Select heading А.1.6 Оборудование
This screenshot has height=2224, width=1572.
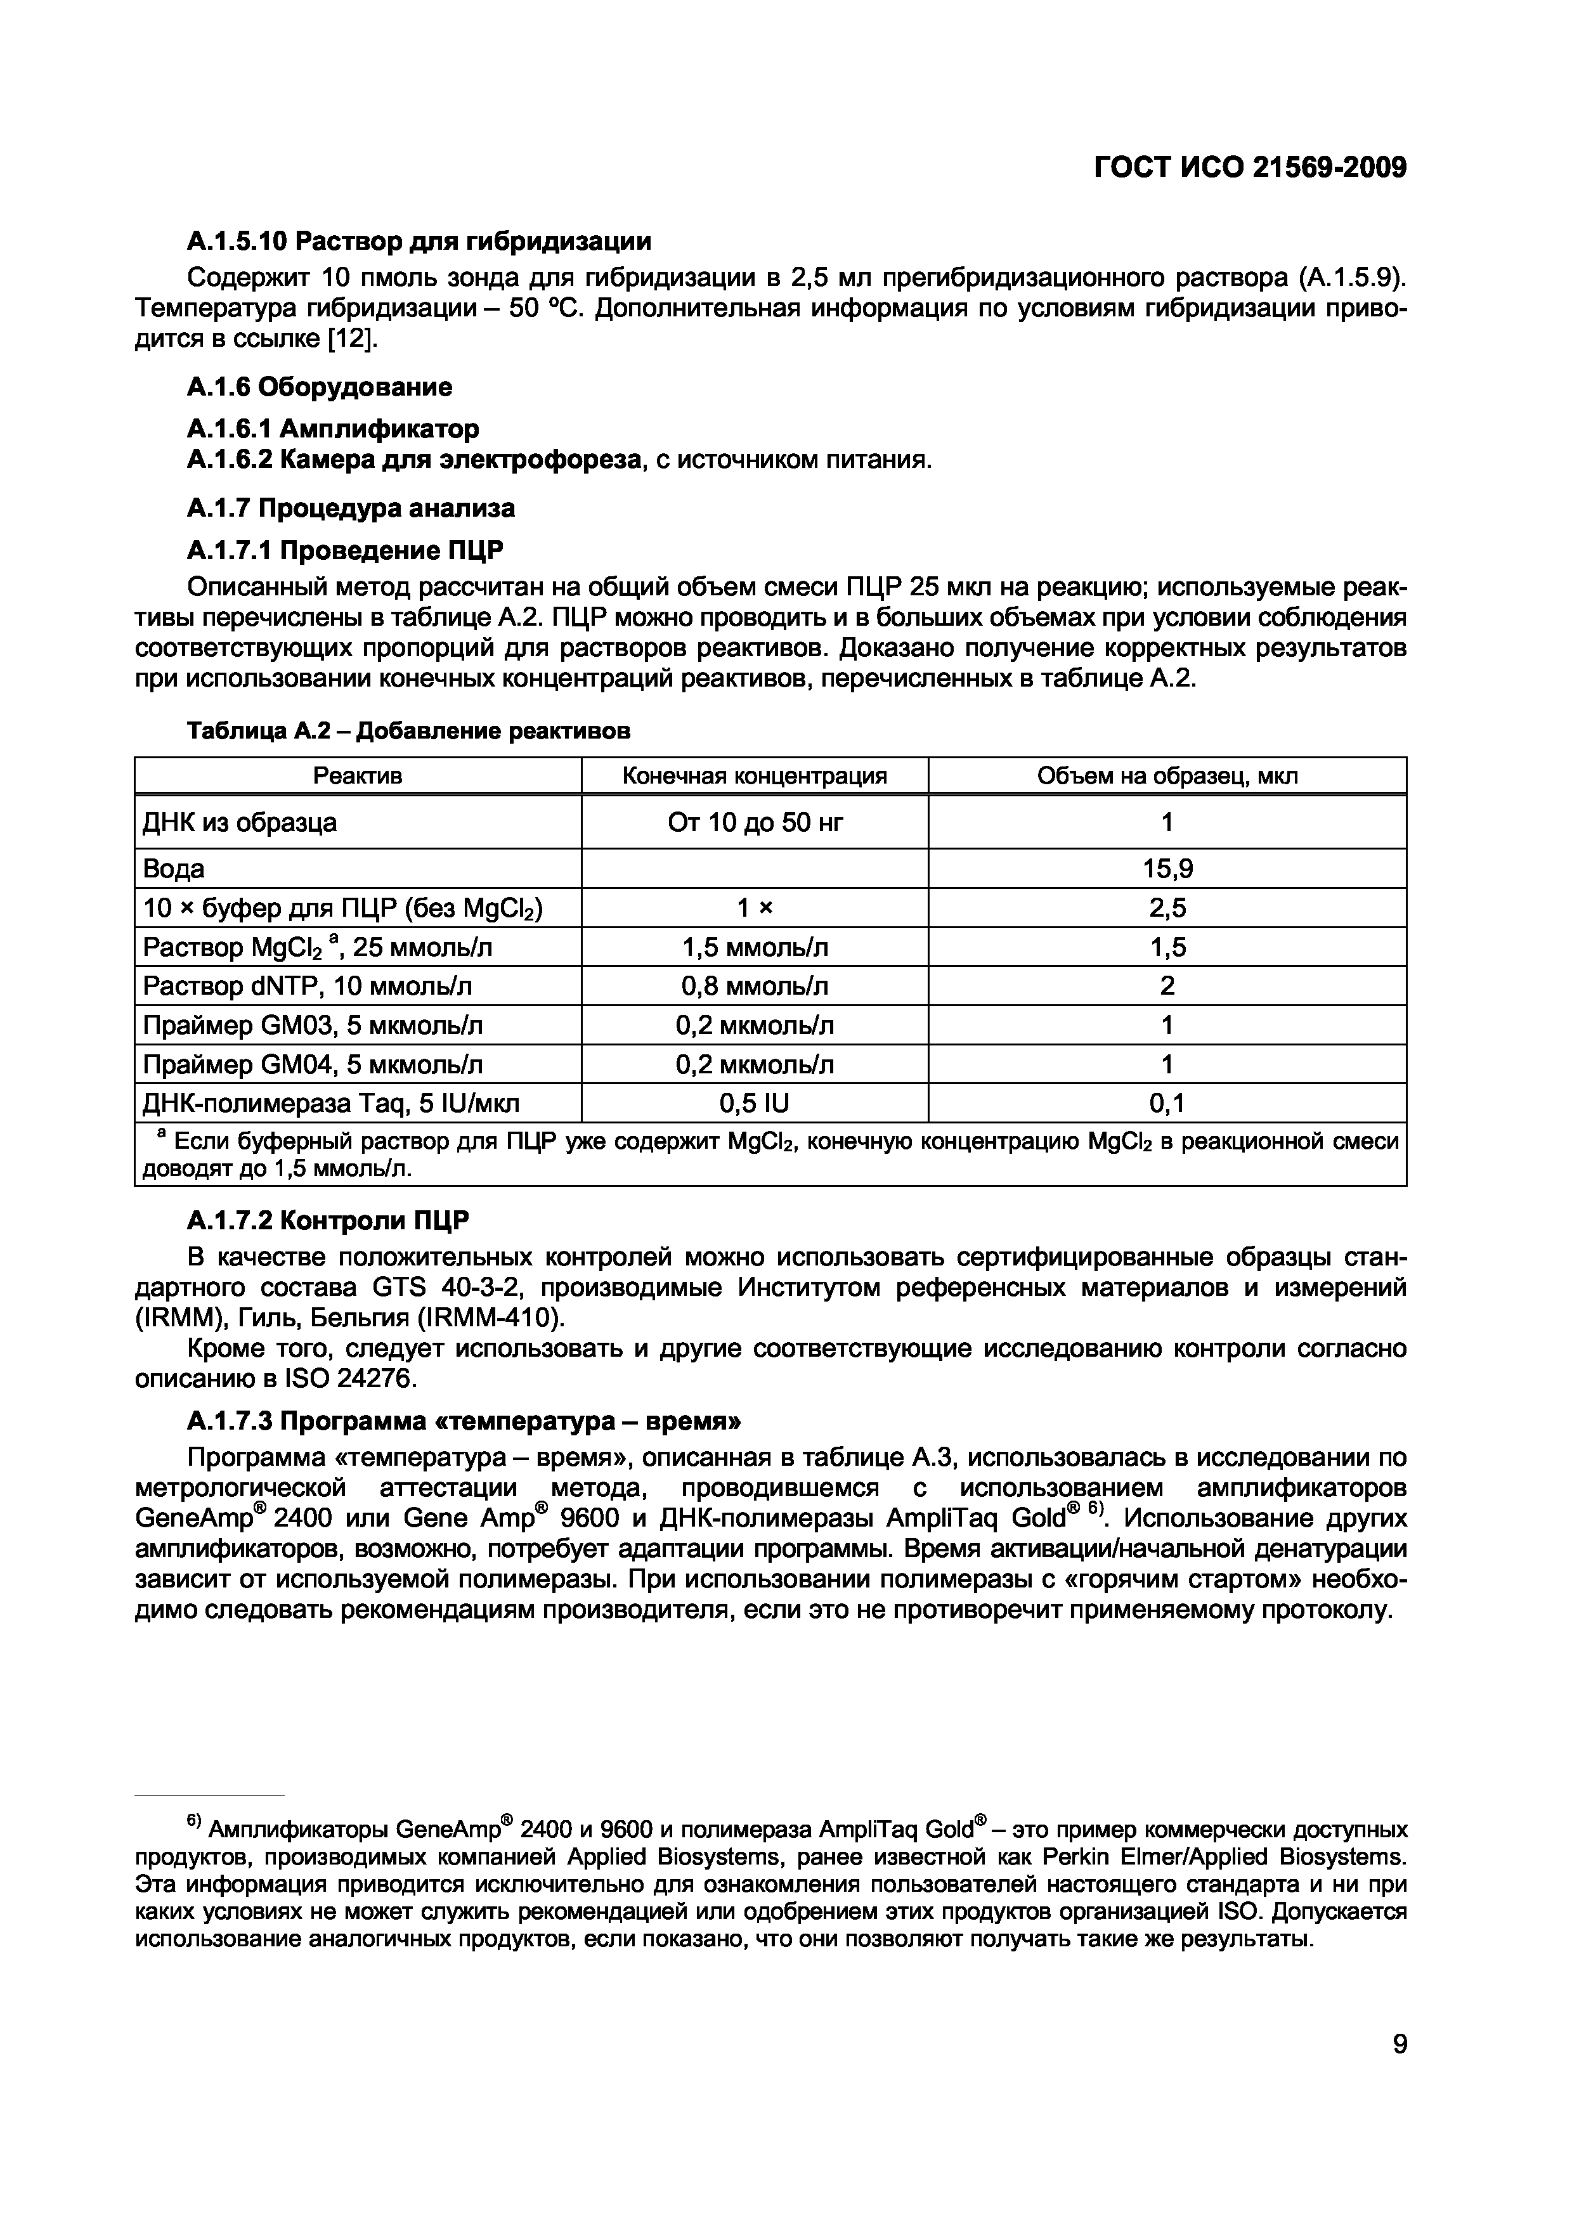319,387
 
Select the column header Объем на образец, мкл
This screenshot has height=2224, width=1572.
1167,776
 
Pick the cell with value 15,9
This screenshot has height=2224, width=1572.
1167,869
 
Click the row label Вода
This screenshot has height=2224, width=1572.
174,869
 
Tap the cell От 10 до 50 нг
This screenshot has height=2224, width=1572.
755,822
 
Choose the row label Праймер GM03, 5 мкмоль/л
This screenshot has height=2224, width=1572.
313,1025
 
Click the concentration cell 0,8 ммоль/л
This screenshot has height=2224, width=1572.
755,986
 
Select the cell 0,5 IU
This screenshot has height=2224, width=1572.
755,1103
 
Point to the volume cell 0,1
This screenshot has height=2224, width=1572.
1167,1103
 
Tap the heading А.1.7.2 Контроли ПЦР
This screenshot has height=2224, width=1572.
327,1222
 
